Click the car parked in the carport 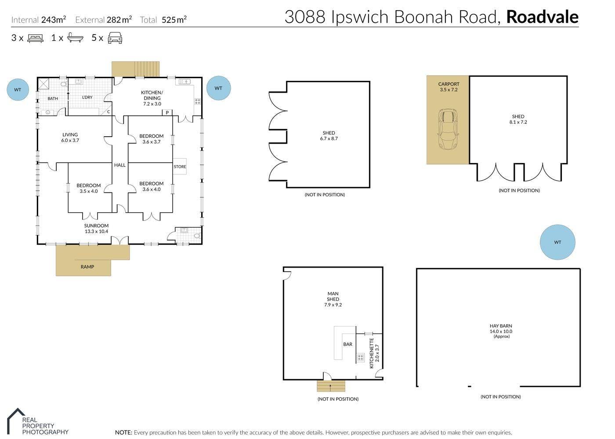(449, 129)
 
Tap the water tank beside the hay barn (557, 242)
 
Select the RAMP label (87, 267)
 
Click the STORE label (180, 167)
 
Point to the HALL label (119, 165)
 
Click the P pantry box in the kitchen (167, 112)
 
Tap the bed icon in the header (36, 38)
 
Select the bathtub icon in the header (75, 38)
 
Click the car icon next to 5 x (115, 38)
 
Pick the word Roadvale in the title (542, 17)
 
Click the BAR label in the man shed (347, 344)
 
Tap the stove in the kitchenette (360, 357)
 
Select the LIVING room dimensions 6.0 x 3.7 (70, 140)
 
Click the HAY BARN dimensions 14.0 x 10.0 (501, 331)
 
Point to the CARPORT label (449, 84)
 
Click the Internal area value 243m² (54, 19)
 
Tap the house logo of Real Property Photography (16, 421)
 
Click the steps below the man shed (331, 386)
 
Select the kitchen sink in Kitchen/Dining (184, 82)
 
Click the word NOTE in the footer (123, 432)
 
